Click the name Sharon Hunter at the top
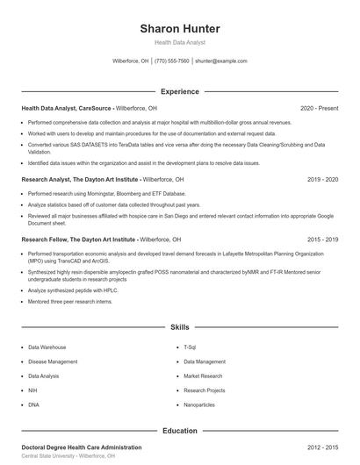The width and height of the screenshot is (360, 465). [x=180, y=29]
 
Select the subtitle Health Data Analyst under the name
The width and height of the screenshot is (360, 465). [x=180, y=42]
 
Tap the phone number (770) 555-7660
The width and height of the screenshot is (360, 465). [x=172, y=61]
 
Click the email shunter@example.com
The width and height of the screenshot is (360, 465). [x=220, y=61]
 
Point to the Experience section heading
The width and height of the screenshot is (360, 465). [x=180, y=91]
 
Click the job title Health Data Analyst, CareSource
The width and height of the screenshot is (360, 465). [x=66, y=108]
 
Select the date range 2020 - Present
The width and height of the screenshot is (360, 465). [x=319, y=108]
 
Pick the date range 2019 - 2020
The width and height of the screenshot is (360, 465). [x=322, y=179]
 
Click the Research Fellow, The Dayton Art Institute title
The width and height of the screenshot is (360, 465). [x=67, y=239]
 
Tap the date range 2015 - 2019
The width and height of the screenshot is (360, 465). [x=322, y=239]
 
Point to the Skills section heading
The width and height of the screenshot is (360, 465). [x=180, y=326]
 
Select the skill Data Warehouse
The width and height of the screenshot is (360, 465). [x=47, y=347]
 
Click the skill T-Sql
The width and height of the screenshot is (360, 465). [x=191, y=347]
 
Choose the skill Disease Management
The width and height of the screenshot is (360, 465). [x=53, y=361]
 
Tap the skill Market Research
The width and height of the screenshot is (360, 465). [x=204, y=376]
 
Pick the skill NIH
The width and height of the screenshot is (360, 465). [x=32, y=390]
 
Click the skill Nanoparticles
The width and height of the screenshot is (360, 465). [x=198, y=404]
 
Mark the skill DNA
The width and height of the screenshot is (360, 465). [x=33, y=404]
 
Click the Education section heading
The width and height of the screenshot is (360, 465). [x=180, y=431]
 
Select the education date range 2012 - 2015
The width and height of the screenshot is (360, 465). [x=322, y=447]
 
